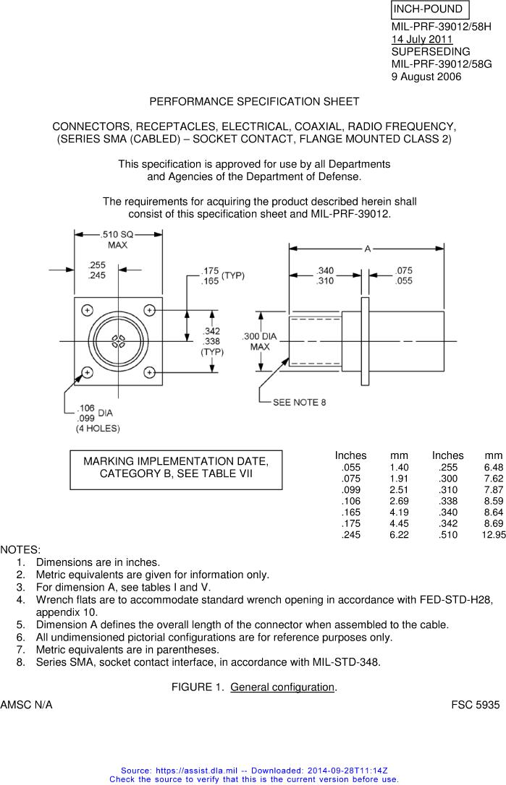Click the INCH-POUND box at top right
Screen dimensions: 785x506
430,10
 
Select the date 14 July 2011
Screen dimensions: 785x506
422,39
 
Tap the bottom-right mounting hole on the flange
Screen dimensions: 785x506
149,372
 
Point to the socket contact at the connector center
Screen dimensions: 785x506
118,341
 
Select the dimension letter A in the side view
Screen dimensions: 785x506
367,249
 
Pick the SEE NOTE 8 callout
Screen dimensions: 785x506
299,402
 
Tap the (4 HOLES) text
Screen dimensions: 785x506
98,429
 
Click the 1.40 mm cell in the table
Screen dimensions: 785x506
399,468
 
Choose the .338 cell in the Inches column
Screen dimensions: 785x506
447,500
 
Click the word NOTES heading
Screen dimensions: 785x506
20,550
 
